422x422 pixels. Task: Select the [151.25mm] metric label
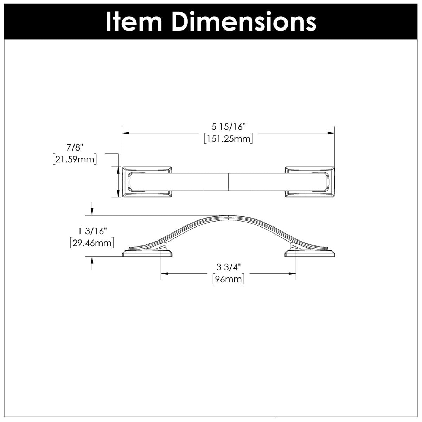pos(228,139)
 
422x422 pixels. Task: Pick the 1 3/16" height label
pos(92,231)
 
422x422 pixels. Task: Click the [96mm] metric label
pos(228,280)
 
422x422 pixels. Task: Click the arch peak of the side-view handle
pos(229,216)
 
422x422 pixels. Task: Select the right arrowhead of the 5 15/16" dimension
pos(331,133)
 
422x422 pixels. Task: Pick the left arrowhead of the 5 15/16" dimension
pos(125,133)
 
